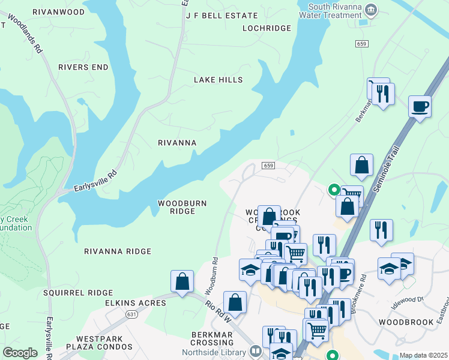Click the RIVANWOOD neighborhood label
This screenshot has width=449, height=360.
point(58,11)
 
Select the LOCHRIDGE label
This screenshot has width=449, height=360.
point(267,28)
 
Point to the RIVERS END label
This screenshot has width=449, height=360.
point(83,67)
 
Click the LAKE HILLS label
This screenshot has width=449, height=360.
point(218,80)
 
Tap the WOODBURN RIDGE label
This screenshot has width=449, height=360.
point(182,207)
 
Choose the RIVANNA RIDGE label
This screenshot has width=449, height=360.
point(118,251)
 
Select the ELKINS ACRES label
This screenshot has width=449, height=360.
point(135,303)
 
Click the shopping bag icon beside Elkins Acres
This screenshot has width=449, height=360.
point(182,281)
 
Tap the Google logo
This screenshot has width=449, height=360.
point(19,353)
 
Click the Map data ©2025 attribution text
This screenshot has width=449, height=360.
point(423,355)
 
